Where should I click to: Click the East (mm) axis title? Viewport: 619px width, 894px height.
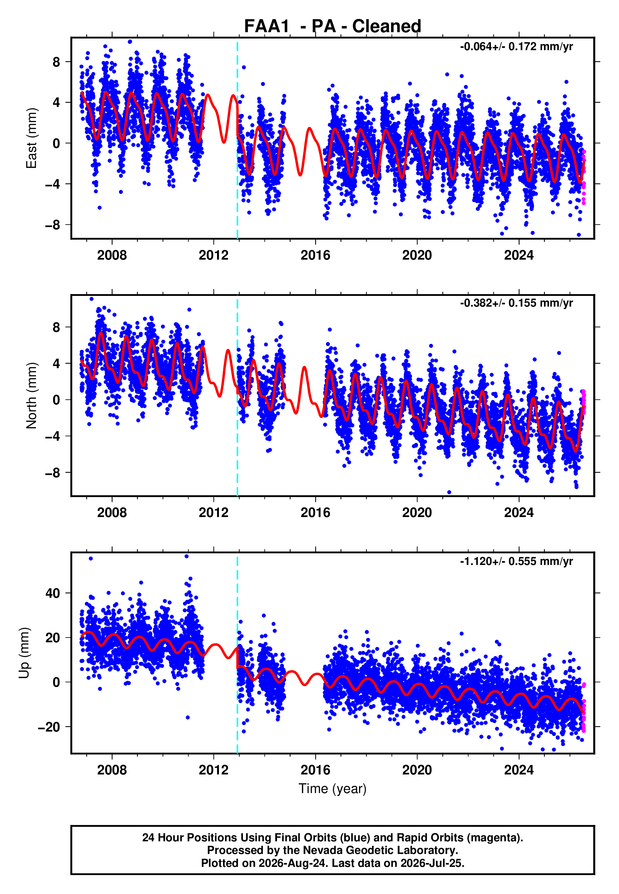tap(32, 138)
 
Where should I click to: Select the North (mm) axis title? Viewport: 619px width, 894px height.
tap(32, 396)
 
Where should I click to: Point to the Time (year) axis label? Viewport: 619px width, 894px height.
tap(333, 789)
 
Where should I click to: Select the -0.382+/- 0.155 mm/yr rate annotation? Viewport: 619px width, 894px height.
tap(516, 303)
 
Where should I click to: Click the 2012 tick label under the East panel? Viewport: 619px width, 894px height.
tap(214, 255)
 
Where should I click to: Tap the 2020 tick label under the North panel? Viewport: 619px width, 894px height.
tap(417, 513)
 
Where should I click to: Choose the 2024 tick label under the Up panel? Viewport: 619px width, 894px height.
tap(519, 770)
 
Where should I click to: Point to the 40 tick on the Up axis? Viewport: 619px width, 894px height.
tap(53, 593)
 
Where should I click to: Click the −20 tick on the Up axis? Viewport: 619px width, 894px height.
tap(49, 727)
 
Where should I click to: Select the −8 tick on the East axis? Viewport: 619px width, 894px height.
tap(53, 225)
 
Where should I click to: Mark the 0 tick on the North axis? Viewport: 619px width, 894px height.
tap(56, 400)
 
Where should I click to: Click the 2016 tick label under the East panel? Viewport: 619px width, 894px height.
tap(315, 255)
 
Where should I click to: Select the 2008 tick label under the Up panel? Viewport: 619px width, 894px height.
tap(112, 770)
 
